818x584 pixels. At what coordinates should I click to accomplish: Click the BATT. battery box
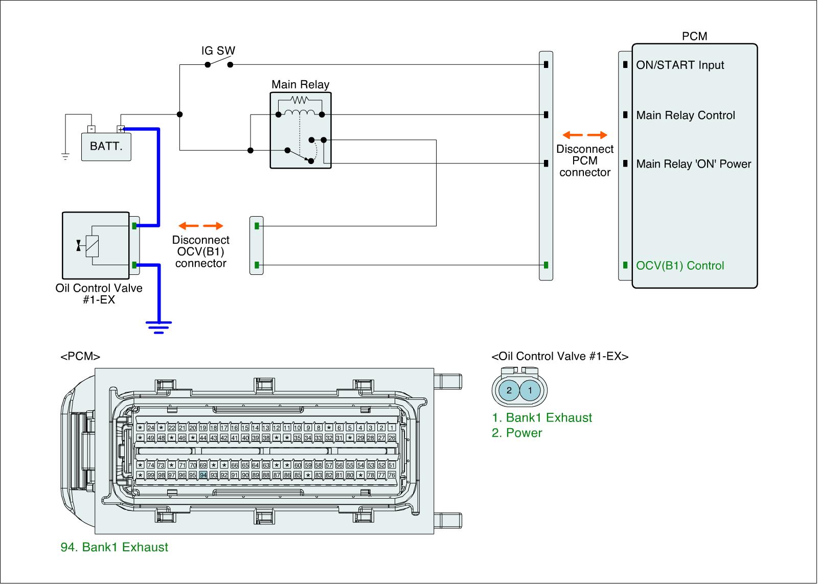click(x=106, y=147)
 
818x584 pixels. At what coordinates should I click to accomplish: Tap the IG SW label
click(x=218, y=51)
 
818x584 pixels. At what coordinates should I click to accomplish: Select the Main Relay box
click(x=301, y=130)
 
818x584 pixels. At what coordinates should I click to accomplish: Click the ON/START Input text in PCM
click(x=680, y=65)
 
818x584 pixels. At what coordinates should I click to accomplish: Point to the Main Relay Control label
click(x=686, y=115)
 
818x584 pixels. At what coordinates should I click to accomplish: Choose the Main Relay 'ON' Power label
click(x=694, y=164)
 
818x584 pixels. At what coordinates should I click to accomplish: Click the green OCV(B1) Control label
click(x=680, y=266)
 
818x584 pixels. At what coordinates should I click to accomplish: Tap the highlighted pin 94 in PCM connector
click(x=203, y=475)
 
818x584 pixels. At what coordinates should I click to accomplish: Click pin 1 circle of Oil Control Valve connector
click(x=530, y=391)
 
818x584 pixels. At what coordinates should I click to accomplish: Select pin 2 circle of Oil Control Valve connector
click(x=509, y=391)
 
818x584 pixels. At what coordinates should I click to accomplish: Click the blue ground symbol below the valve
click(x=158, y=326)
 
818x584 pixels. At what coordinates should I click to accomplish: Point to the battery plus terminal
click(x=121, y=129)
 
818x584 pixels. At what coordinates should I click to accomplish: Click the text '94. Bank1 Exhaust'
click(x=115, y=547)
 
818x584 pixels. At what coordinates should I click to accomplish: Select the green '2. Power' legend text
click(x=517, y=433)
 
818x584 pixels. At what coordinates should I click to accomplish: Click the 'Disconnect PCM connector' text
click(x=585, y=160)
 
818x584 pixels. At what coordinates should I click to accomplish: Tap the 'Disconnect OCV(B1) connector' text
click(x=200, y=251)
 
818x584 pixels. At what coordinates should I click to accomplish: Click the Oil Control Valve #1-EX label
click(x=99, y=294)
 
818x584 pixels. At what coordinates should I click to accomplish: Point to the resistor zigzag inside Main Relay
click(x=299, y=100)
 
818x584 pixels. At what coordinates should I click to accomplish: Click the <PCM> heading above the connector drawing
click(x=80, y=357)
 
